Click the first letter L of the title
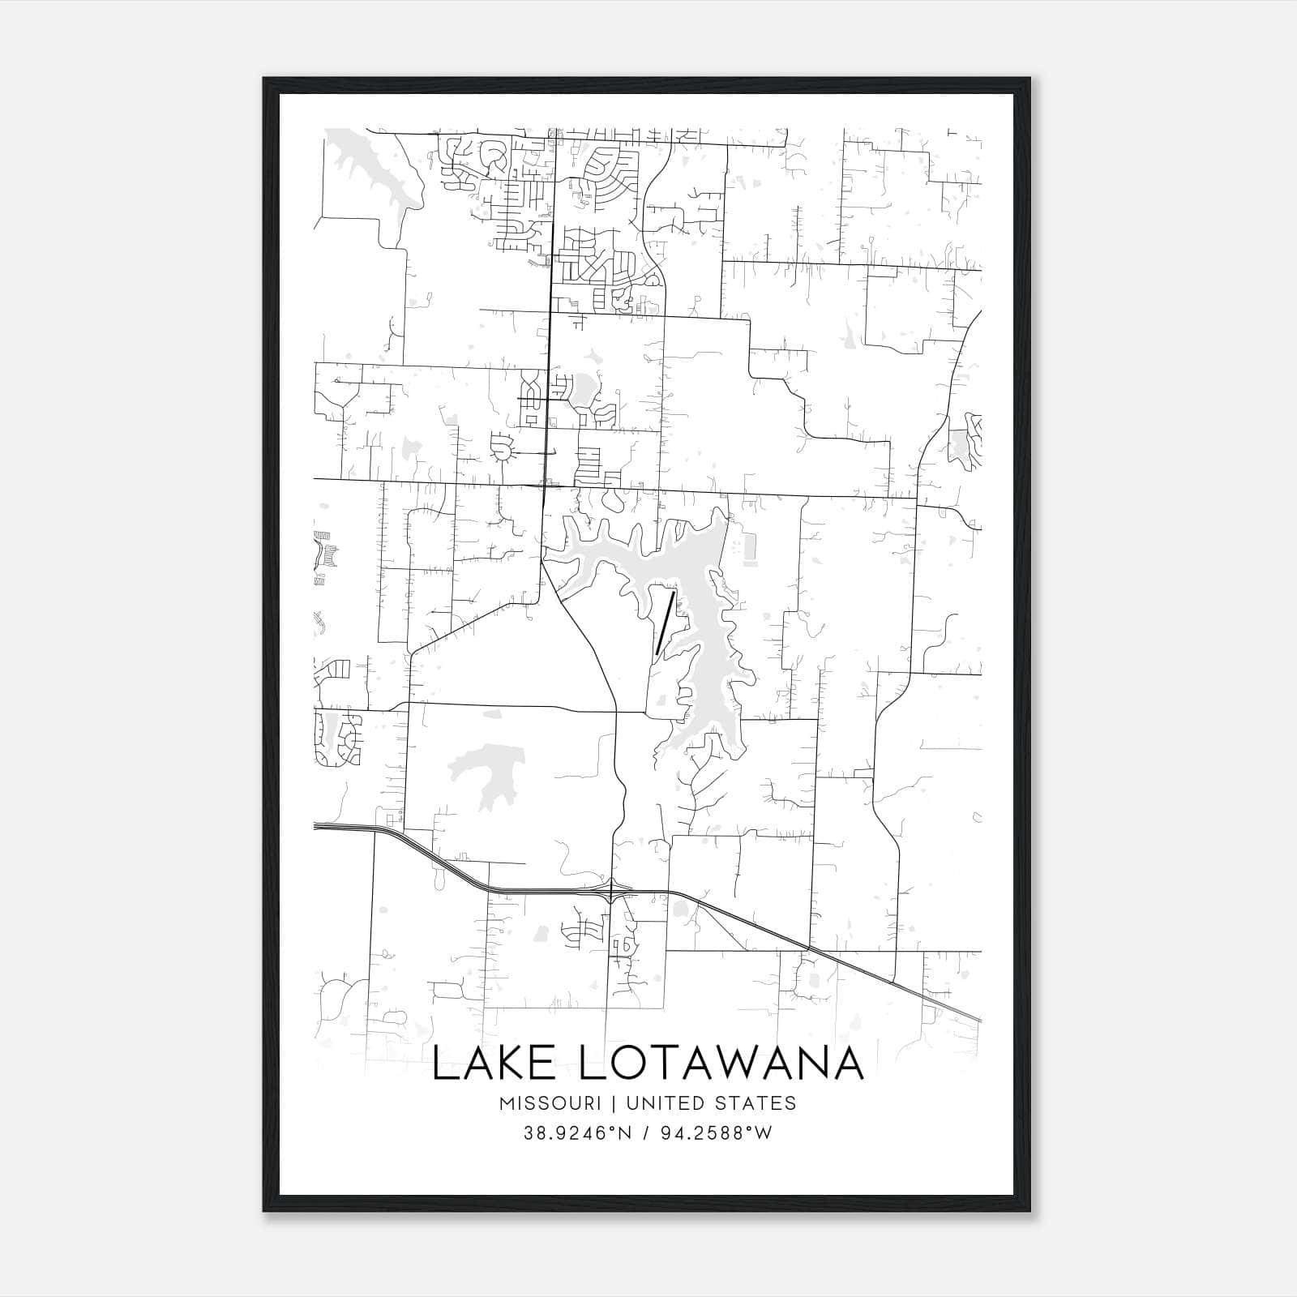(x=443, y=1064)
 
